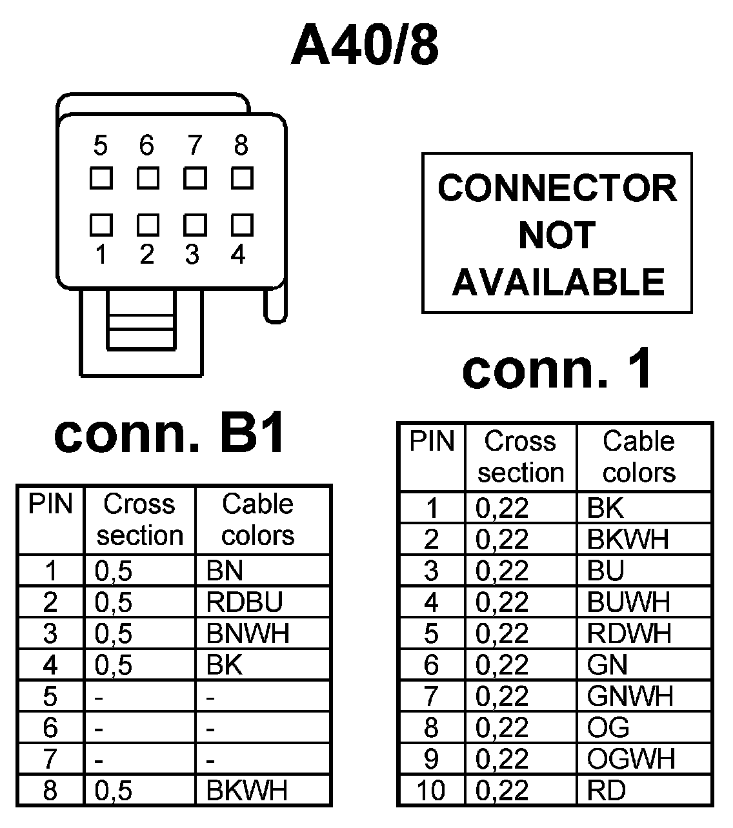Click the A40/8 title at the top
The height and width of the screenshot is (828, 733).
tap(365, 46)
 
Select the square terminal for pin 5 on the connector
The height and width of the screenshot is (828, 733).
tap(101, 178)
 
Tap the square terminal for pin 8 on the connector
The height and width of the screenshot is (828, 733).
tap(242, 178)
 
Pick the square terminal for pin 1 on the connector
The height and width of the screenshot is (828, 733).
tap(101, 225)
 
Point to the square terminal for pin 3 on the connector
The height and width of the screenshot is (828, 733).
tap(195, 225)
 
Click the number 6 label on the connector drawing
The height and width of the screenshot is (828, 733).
tap(147, 146)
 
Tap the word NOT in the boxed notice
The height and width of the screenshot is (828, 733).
tap(557, 235)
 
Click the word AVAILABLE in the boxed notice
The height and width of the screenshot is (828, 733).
tap(558, 282)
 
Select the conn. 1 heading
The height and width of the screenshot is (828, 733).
tap(557, 370)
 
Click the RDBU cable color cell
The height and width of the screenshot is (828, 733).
tap(245, 602)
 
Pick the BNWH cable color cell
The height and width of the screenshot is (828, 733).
tap(248, 633)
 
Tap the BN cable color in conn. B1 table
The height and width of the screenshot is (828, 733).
tap(225, 570)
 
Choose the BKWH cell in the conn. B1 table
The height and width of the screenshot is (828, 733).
tap(246, 790)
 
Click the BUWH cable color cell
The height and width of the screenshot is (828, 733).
tap(628, 602)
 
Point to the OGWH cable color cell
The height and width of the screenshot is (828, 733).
tap(630, 758)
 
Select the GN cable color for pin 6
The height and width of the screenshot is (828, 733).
tap(607, 664)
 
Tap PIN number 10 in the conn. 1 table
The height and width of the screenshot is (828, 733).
tap(431, 790)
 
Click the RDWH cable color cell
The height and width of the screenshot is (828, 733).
tap(629, 633)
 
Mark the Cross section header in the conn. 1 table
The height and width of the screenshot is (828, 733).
tap(521, 457)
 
